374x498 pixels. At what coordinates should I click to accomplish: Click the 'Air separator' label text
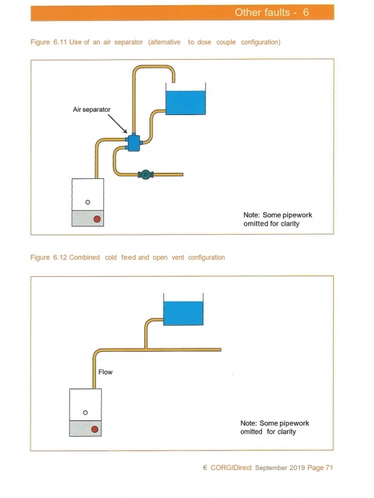point(91,110)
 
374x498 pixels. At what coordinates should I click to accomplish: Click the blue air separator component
point(133,144)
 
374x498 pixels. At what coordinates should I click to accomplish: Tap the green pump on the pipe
point(146,174)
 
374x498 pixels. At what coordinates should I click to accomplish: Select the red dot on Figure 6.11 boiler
point(97,219)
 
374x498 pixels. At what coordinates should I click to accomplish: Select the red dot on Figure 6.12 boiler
point(95,429)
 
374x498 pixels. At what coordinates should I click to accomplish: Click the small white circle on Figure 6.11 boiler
point(88,202)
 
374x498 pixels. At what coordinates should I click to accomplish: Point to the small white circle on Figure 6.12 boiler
point(85,412)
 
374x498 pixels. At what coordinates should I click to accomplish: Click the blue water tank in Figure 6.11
point(186,103)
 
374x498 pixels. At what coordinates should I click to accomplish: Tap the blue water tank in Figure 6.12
point(183,313)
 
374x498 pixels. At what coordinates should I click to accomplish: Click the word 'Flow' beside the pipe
point(105,372)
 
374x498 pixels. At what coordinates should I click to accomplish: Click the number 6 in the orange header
point(305,12)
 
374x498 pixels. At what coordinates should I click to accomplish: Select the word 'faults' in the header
point(276,12)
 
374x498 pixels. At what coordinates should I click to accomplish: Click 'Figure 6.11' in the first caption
point(48,42)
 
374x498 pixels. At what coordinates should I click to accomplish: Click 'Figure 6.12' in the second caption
point(48,258)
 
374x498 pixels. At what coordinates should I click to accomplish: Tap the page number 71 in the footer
point(329,467)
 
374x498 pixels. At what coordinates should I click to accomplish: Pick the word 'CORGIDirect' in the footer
point(231,467)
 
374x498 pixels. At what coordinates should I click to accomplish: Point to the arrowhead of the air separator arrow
point(126,132)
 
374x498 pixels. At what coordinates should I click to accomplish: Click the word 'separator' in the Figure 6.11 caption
point(129,42)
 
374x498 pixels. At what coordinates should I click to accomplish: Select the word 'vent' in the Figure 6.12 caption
point(177,258)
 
